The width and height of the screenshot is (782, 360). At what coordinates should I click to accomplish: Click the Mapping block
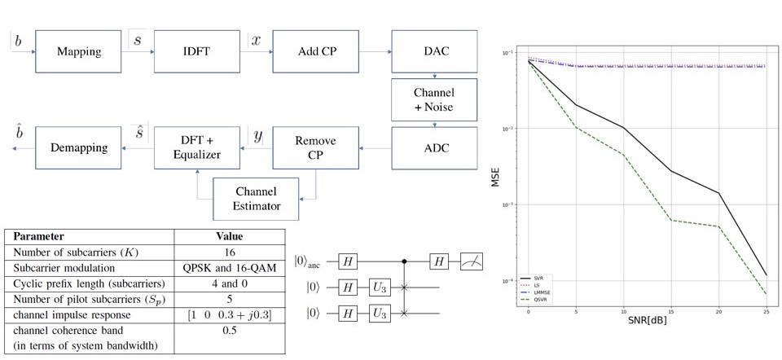[78, 52]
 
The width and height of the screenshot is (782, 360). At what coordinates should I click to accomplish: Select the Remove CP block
[315, 147]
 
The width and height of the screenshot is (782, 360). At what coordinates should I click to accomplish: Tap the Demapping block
[78, 147]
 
